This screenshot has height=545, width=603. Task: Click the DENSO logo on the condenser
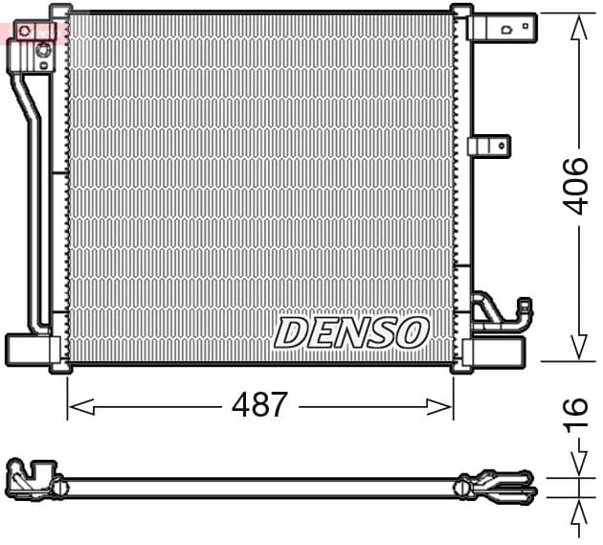coord(351,332)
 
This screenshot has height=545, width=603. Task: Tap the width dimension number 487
coord(259,405)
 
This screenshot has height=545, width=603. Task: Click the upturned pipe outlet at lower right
coord(524,311)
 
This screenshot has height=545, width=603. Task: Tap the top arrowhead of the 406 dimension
coord(577,29)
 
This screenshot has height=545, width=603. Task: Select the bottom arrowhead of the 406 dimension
coord(577,347)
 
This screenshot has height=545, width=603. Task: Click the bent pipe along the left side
coord(34,192)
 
